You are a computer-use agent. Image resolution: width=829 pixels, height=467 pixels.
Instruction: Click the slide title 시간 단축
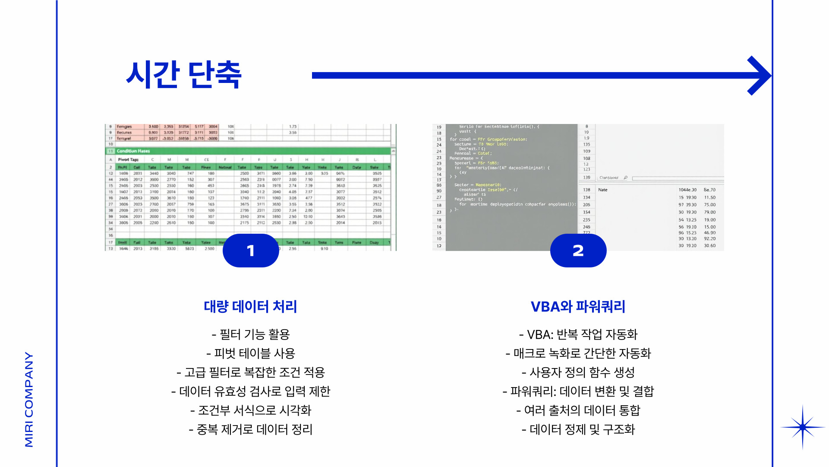click(x=184, y=74)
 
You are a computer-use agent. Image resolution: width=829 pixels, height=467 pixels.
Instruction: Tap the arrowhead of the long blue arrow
click(x=760, y=76)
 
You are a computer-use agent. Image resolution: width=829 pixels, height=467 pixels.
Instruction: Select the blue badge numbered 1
click(x=251, y=251)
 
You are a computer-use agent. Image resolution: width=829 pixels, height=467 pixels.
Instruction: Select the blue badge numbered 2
click(x=578, y=251)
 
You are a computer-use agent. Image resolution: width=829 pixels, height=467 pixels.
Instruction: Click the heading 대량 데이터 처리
click(x=250, y=307)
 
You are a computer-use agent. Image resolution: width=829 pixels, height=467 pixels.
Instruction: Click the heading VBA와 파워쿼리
click(x=578, y=307)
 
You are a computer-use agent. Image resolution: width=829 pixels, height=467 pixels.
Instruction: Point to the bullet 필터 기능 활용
click(x=251, y=334)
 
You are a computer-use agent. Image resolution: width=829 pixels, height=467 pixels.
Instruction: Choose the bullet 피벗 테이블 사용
click(x=251, y=353)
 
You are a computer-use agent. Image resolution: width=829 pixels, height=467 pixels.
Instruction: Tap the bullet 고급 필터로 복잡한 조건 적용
click(x=251, y=372)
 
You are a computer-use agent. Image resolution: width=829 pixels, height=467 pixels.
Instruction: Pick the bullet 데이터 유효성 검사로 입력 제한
click(x=251, y=391)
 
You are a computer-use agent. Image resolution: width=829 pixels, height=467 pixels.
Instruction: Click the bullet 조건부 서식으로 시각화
click(x=251, y=410)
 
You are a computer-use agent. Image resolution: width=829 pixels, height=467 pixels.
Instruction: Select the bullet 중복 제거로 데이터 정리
click(x=251, y=429)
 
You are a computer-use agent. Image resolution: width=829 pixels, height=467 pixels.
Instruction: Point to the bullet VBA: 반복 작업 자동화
click(x=578, y=334)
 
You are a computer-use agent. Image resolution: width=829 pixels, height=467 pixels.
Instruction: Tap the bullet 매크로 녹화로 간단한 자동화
click(x=578, y=353)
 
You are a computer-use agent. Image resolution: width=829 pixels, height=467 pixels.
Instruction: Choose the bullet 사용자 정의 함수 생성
click(x=578, y=372)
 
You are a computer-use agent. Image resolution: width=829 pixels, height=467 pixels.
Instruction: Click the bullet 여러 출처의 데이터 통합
click(x=578, y=410)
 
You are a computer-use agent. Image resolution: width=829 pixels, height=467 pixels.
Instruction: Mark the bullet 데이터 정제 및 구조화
click(x=578, y=429)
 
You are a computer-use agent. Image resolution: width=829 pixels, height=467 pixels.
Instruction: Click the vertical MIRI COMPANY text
click(x=29, y=400)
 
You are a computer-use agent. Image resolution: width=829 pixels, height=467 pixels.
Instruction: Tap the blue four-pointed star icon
click(x=803, y=427)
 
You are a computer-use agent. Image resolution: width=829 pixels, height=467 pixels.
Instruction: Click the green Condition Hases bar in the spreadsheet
click(x=250, y=151)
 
